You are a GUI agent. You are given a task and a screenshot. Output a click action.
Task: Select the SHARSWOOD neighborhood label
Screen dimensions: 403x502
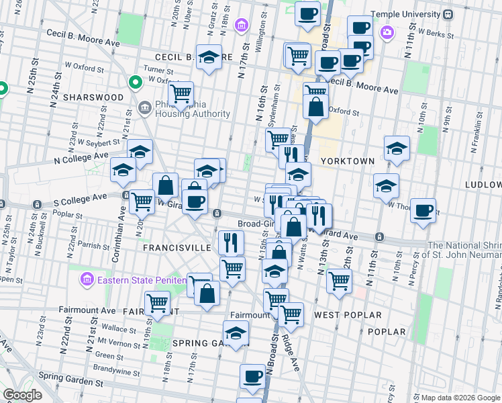93,97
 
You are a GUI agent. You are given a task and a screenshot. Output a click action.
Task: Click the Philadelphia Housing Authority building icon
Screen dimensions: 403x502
144,107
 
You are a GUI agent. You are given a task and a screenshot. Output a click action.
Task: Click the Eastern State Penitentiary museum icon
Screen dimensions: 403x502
87,279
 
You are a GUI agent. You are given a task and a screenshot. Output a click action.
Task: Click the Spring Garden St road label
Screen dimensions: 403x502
70,379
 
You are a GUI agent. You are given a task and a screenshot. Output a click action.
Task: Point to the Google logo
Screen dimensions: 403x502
22,395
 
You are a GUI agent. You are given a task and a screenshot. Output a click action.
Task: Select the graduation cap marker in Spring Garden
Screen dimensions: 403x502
236,333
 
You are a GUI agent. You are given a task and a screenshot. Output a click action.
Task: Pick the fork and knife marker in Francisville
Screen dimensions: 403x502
231,242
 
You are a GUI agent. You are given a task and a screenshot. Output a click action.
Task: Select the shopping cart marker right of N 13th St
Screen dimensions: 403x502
339,279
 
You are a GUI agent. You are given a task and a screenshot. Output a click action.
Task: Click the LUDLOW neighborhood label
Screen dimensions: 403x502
484,184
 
